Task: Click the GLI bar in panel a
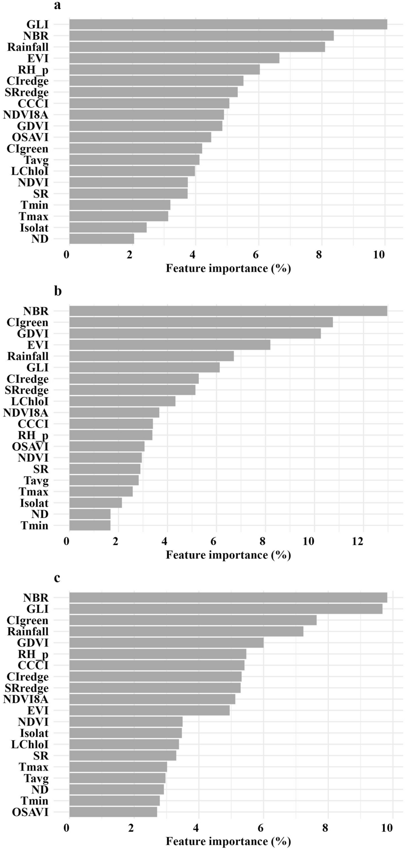pyautogui.click(x=228, y=24)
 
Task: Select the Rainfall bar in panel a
pyautogui.click(x=197, y=47)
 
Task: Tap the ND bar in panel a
pyautogui.click(x=101, y=239)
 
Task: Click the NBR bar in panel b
pyautogui.click(x=228, y=311)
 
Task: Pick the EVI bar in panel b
pyautogui.click(x=169, y=345)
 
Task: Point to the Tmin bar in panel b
pyautogui.click(x=90, y=525)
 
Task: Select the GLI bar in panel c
pyautogui.click(x=225, y=609)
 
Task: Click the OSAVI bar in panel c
pyautogui.click(x=113, y=812)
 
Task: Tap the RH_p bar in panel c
pyautogui.click(x=158, y=654)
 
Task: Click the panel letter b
pyautogui.click(x=58, y=291)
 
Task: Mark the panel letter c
pyautogui.click(x=57, y=578)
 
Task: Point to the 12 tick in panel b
pyautogui.click(x=357, y=541)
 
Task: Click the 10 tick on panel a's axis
pyautogui.click(x=379, y=255)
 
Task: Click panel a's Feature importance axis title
pyautogui.click(x=228, y=269)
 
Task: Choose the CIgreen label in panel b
pyautogui.click(x=27, y=322)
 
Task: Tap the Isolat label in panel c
pyautogui.click(x=34, y=733)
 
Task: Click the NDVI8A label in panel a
pyautogui.click(x=26, y=114)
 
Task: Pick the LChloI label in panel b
pyautogui.click(x=29, y=401)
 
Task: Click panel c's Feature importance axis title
pyautogui.click(x=228, y=841)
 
